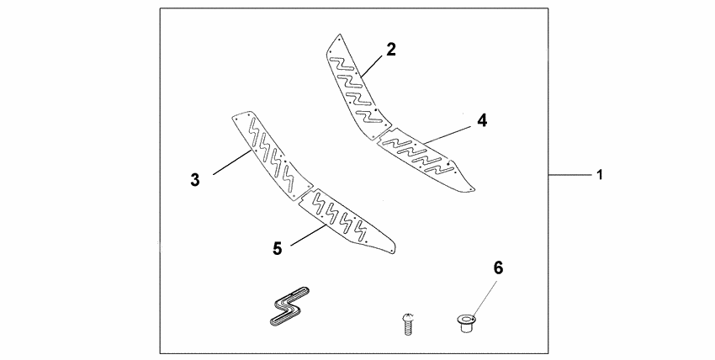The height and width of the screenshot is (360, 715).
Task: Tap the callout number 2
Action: [391, 49]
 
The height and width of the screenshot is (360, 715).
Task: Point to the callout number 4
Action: [481, 120]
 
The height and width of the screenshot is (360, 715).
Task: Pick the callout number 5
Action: [277, 248]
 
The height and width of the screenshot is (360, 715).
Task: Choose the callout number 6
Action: [497, 268]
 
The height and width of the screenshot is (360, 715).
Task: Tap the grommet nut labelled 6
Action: [464, 320]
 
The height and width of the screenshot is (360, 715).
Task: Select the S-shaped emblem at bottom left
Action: [286, 310]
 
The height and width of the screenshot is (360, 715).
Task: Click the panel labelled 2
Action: [353, 84]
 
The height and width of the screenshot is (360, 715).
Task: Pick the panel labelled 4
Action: [425, 160]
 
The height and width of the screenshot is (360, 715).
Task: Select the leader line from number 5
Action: [307, 236]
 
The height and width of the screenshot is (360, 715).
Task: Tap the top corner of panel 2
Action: [338, 35]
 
